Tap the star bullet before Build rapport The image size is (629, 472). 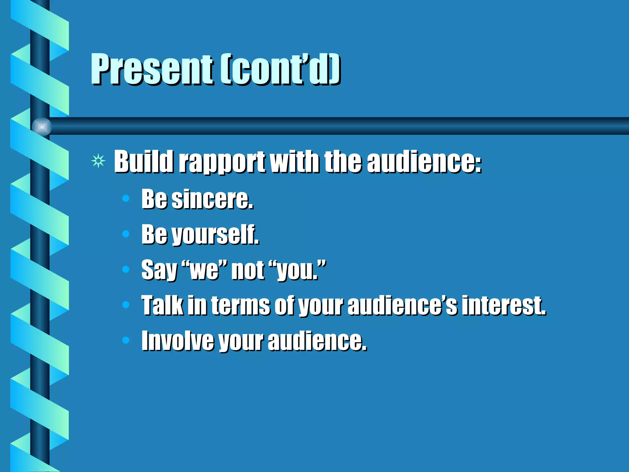coord(98,161)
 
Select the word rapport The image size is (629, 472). coord(222,162)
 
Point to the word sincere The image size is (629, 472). coord(212,200)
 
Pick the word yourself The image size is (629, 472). coord(215,235)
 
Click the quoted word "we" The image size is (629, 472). coord(204,270)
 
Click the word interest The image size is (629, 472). coord(504,306)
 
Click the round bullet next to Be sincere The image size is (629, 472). coord(126,199)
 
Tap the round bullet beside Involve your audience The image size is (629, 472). coord(126,340)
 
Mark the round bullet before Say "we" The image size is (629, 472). coord(126,269)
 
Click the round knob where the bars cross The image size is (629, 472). coord(42,127)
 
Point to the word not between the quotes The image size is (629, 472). coord(248,270)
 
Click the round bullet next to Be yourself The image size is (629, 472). coord(126,234)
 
